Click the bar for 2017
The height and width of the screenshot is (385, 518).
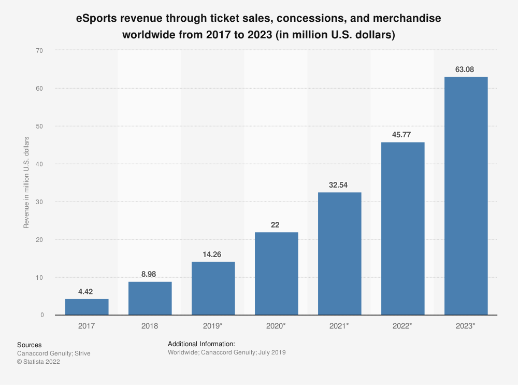click(87, 307)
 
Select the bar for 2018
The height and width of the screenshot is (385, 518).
click(150, 298)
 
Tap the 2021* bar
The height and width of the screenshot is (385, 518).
click(340, 253)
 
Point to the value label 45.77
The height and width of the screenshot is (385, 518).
click(403, 135)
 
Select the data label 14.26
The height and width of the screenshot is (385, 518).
click(213, 254)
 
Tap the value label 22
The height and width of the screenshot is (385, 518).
click(277, 225)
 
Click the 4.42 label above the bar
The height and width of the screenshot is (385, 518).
click(87, 292)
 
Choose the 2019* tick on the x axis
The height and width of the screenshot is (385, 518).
click(213, 326)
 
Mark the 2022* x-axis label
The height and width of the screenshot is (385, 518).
click(403, 326)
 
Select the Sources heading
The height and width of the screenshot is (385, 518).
click(30, 345)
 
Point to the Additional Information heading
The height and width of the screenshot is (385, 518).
click(202, 344)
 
